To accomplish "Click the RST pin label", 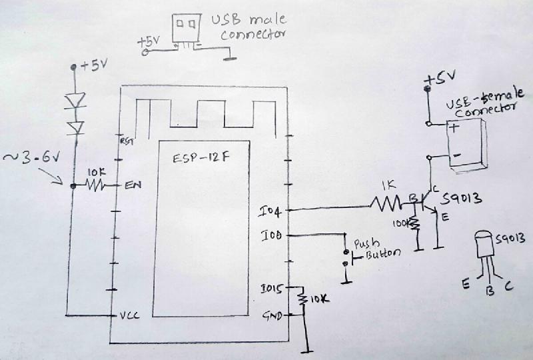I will click(125, 141).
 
